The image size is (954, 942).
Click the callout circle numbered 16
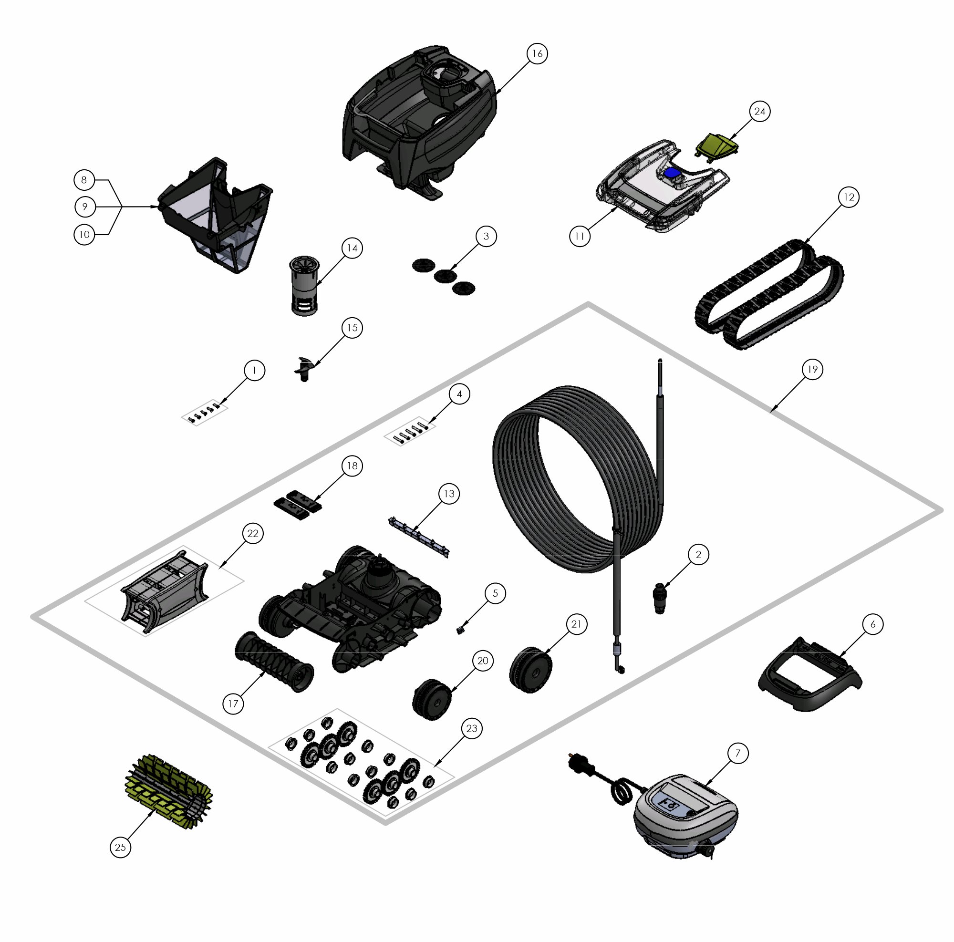[x=537, y=53]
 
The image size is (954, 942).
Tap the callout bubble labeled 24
[x=759, y=112]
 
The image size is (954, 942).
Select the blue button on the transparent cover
[x=672, y=173]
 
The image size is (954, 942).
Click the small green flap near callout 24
[x=716, y=145]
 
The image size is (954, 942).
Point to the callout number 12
[x=848, y=197]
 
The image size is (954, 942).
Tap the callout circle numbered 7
[x=738, y=753]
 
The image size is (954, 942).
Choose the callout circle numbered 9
[x=84, y=207]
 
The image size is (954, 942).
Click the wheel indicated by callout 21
[x=530, y=669]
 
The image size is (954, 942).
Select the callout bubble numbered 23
[x=472, y=728]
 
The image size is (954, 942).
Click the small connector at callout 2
[x=660, y=597]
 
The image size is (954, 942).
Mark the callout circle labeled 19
[x=812, y=369]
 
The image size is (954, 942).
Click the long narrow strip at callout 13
[x=419, y=536]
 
